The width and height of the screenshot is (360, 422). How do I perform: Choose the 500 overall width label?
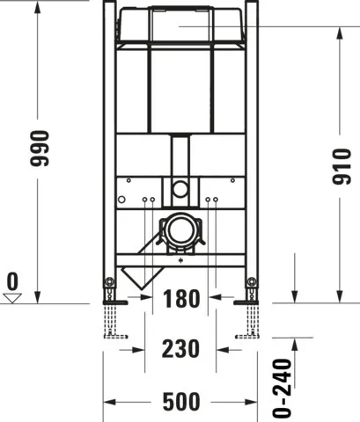[x=180, y=402]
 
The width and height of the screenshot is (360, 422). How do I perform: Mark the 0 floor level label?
[x=12, y=282]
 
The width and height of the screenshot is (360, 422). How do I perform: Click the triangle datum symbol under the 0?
[x=12, y=298]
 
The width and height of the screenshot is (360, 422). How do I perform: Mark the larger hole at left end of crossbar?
[x=129, y=180]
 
